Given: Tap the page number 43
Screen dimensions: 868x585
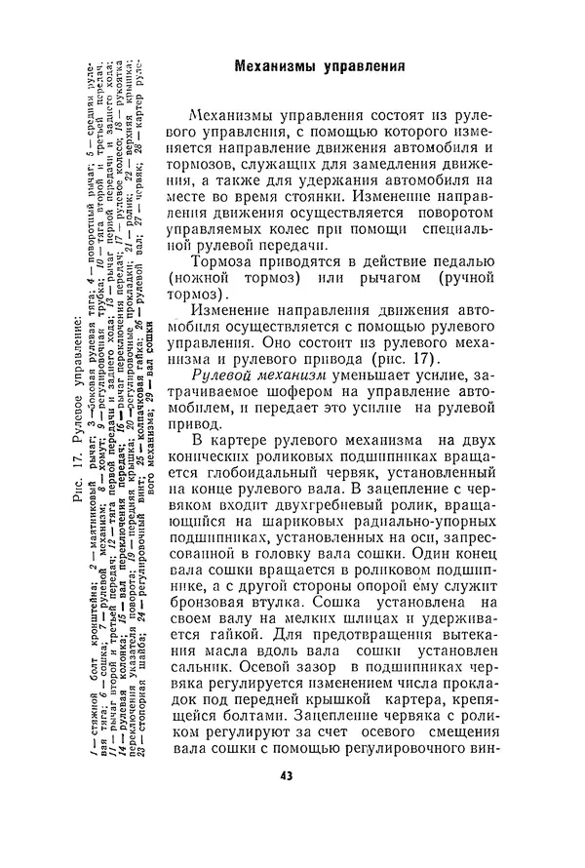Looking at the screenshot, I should [286, 776].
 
